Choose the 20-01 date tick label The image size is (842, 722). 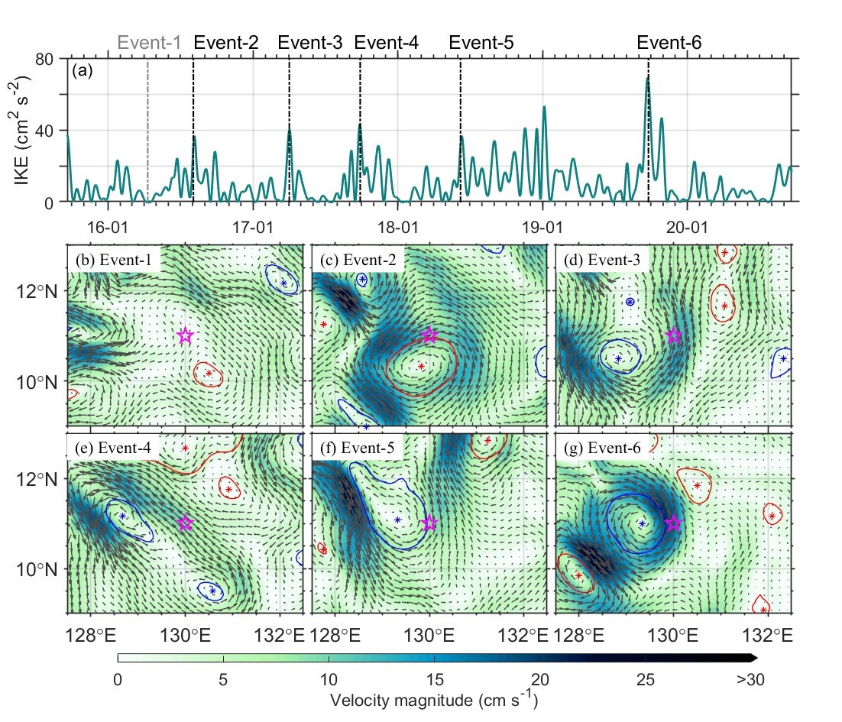(688, 227)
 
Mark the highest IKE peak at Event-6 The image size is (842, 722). (648, 77)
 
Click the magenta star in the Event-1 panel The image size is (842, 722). (185, 335)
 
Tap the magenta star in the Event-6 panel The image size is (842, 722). (673, 523)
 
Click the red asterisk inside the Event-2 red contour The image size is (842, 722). (421, 367)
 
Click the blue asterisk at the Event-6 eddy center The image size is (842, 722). (642, 523)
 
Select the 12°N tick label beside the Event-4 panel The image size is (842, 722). (34, 479)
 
